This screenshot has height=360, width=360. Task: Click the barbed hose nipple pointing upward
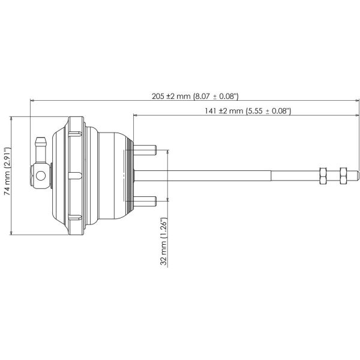click(x=41, y=145)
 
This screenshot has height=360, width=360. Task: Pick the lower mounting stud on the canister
click(x=146, y=200)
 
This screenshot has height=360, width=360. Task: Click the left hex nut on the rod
click(x=322, y=175)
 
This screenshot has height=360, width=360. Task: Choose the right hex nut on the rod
click(x=343, y=175)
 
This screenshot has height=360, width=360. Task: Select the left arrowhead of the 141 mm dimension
click(x=136, y=116)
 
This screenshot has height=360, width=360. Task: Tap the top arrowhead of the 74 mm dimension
click(x=13, y=119)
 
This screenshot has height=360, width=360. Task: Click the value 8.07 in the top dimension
click(x=206, y=95)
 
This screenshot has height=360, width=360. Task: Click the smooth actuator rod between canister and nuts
click(x=228, y=175)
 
